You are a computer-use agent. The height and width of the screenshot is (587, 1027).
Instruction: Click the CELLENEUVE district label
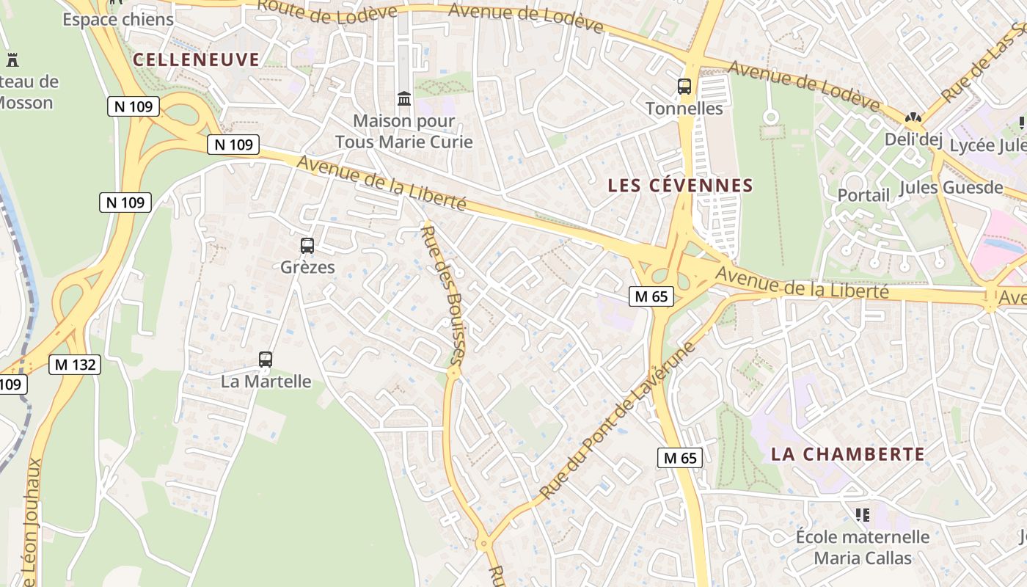(197, 59)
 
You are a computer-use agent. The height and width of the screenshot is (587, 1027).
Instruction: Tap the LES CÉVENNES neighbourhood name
(681, 186)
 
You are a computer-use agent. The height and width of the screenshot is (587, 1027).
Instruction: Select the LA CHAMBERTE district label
(847, 454)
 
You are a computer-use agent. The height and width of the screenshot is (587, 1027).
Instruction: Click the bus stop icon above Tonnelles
(684, 87)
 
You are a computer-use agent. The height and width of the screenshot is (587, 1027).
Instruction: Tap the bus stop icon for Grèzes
(307, 246)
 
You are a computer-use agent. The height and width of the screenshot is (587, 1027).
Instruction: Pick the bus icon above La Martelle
(266, 360)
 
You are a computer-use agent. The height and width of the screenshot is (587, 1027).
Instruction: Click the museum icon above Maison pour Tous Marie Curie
(404, 98)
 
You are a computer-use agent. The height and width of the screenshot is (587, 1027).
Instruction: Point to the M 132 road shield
(75, 364)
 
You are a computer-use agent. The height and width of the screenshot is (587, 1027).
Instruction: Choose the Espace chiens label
(118, 20)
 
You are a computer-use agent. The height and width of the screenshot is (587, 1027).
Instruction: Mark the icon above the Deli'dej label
(913, 117)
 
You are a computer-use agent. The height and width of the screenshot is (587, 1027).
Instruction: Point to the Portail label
(863, 195)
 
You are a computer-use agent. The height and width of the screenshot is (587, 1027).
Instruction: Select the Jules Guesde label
(951, 187)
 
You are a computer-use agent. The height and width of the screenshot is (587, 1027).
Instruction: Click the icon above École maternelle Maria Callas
(863, 515)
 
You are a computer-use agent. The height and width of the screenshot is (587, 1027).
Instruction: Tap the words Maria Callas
(863, 558)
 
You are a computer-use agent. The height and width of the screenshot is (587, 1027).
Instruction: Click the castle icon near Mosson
(12, 59)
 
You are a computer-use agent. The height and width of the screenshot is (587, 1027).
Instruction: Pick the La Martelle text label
(266, 382)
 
